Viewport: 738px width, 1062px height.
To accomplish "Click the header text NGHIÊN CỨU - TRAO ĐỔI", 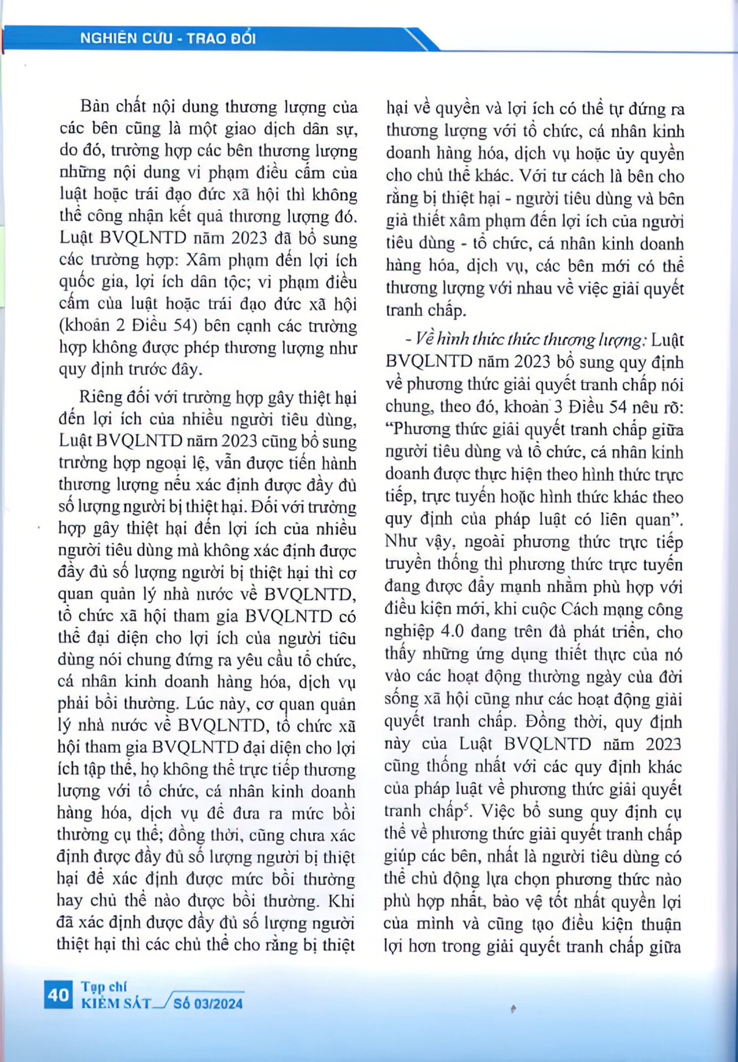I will (168, 38).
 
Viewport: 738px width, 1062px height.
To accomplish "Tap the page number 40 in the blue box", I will (58, 995).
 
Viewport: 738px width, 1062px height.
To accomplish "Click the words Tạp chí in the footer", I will (104, 987).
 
